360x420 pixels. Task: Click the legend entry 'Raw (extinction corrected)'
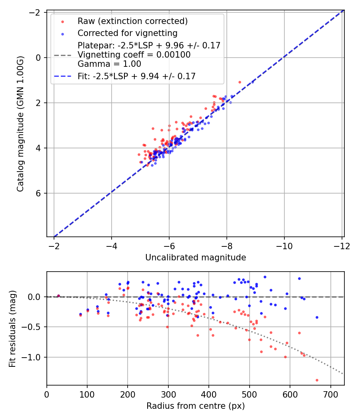pos(132,21)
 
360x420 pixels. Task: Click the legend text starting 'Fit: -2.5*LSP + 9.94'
pos(136,76)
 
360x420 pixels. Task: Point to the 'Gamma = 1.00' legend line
pos(109,64)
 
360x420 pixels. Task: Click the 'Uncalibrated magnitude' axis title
pos(195,258)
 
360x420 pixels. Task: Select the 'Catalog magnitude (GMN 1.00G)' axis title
pos(20,124)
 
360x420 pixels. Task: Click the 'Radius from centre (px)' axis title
pos(195,406)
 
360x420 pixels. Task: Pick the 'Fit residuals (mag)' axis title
pos(12,328)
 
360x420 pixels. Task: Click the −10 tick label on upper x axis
pos(284,245)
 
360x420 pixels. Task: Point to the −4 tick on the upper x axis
pos(111,245)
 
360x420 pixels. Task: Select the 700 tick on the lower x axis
pos(330,394)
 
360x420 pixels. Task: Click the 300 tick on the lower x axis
pos(168,394)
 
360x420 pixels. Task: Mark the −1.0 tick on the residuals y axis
pos(34,357)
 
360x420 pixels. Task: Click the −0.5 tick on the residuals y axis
pos(34,327)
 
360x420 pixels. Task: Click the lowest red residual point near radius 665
pos(317,380)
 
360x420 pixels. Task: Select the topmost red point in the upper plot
pos(240,82)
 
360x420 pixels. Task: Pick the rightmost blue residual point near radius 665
pos(317,317)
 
